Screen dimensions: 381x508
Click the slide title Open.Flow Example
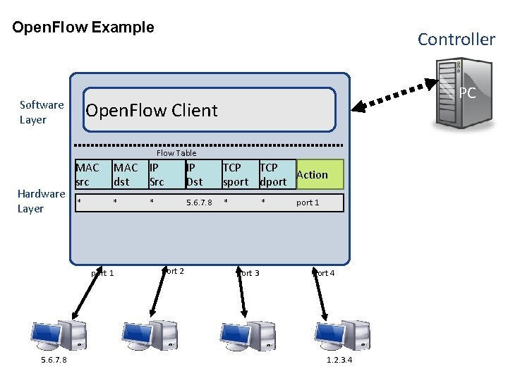tap(83, 28)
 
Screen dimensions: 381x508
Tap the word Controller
tap(456, 40)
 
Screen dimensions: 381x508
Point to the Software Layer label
tap(42, 112)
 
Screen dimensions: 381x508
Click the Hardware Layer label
tap(41, 201)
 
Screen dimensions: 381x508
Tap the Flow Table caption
tap(176, 153)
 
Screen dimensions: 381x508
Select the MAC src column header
tap(87, 174)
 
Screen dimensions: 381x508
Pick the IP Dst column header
tap(194, 174)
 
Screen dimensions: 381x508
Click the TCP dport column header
tap(273, 174)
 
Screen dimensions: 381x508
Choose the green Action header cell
tap(318, 174)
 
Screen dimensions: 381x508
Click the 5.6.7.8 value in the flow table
tap(199, 203)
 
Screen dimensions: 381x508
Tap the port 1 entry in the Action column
tap(308, 203)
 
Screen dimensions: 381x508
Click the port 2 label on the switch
tap(173, 272)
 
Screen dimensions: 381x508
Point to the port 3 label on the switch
tap(249, 273)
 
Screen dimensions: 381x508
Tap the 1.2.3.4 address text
tap(339, 361)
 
